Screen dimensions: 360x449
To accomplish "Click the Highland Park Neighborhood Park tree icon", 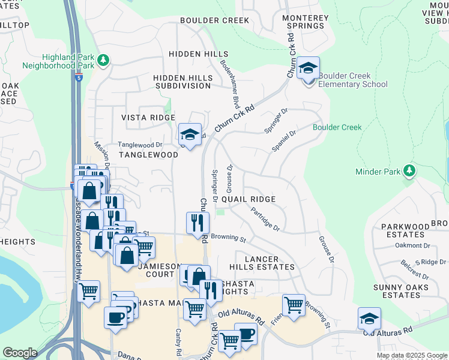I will point(104,60).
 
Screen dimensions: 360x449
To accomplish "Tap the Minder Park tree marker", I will point(409,172).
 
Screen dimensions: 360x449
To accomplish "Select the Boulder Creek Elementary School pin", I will point(308,69).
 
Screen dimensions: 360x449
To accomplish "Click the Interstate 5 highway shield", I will point(79,77).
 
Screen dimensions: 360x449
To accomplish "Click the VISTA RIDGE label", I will point(147,118).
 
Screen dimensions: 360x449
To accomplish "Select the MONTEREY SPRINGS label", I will point(306,23).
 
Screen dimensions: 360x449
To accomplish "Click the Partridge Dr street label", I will point(266,220).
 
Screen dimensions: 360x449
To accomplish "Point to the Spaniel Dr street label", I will point(285,142).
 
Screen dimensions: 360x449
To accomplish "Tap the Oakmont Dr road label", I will point(412,245).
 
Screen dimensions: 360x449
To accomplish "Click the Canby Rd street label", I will point(178,341).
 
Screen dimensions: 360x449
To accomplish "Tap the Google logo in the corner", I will point(20,352).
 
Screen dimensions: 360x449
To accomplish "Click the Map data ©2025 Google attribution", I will point(412,355).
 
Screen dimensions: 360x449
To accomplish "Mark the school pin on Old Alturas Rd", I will point(369,319).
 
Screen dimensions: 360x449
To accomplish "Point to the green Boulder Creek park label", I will point(337,127).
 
